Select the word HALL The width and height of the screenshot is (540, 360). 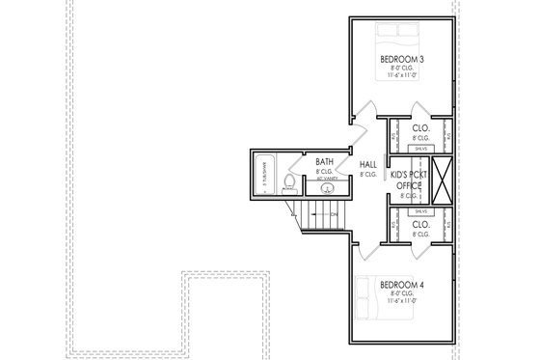tap(368, 165)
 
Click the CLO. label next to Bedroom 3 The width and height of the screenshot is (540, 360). tap(420, 127)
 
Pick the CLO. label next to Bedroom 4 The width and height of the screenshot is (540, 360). tap(420, 223)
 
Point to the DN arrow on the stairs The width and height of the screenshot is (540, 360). tap(328, 214)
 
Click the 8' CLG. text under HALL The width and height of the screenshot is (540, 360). tap(368, 175)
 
